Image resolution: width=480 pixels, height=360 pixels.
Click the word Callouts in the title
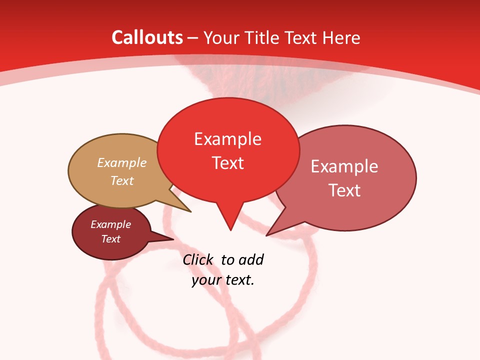click(x=147, y=37)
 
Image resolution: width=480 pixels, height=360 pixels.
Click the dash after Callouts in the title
click(x=193, y=38)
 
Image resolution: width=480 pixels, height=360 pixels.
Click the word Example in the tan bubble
click(x=122, y=162)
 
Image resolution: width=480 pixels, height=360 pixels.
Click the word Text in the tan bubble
click(x=122, y=180)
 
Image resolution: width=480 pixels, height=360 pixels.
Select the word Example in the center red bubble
click(x=227, y=138)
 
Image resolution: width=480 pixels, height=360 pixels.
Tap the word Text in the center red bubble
click(x=228, y=163)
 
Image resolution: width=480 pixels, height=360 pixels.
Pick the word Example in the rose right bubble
click(x=344, y=166)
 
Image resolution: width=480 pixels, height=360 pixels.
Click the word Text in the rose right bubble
click(x=344, y=190)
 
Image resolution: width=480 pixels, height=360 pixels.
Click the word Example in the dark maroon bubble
click(x=110, y=224)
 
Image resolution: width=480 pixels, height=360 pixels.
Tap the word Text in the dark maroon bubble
click(x=110, y=239)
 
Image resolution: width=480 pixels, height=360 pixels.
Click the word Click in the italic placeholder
click(x=198, y=259)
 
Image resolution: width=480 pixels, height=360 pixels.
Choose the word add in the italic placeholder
click(x=251, y=259)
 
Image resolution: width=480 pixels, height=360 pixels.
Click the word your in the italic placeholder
click(x=206, y=280)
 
